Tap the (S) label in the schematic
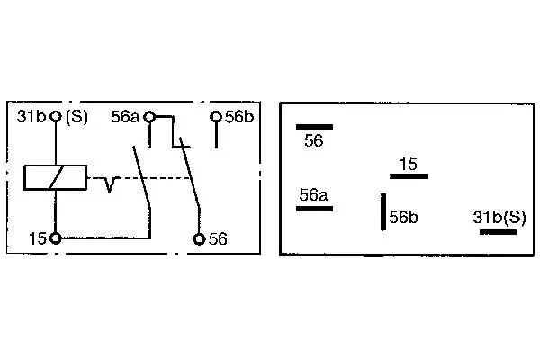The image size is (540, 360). [76, 117]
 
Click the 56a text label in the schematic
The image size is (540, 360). [125, 117]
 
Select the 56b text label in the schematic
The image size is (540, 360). [239, 117]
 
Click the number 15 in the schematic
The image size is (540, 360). [38, 238]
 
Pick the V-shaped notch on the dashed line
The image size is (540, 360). [109, 184]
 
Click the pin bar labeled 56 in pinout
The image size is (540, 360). [314, 127]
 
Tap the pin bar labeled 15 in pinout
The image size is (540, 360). [409, 176]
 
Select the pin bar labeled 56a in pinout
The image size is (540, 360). [314, 209]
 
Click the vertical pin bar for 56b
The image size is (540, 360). [383, 211]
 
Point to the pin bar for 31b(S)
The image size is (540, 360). [498, 232]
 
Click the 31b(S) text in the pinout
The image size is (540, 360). [499, 218]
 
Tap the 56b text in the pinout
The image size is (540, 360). [403, 218]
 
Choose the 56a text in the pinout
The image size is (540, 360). [314, 195]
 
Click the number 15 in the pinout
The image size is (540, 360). [408, 165]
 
